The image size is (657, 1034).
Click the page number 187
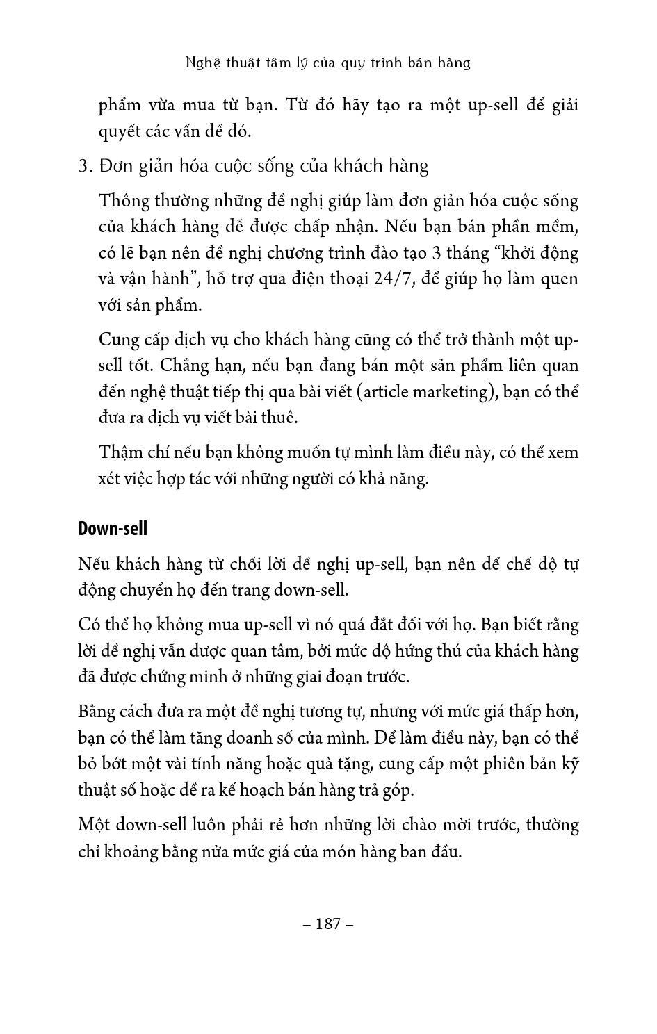pyautogui.click(x=328, y=924)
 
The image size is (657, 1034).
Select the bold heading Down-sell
pyautogui.click(x=113, y=528)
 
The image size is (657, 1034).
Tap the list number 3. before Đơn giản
pyautogui.click(x=86, y=166)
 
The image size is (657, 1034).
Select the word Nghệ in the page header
pyautogui.click(x=203, y=63)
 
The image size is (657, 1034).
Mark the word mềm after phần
pyautogui.click(x=558, y=227)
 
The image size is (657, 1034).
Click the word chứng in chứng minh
pyautogui.click(x=170, y=677)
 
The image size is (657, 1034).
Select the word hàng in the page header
pyautogui.click(x=455, y=63)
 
